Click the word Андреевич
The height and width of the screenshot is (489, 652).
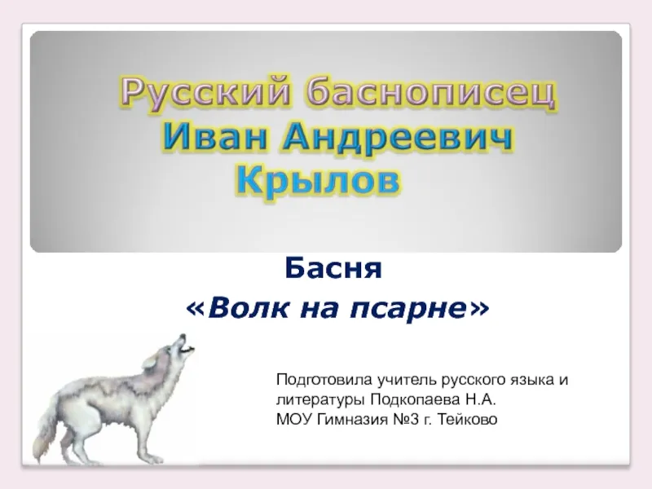coord(398,138)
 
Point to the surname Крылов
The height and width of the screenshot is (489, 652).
coord(318,182)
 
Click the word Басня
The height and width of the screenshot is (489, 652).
coord(333,269)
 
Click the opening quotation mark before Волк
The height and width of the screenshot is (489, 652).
coord(196,310)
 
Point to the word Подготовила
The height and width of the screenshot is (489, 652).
coord(324,380)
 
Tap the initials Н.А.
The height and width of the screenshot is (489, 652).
coord(481,399)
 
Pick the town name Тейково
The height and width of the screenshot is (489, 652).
coord(467,420)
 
